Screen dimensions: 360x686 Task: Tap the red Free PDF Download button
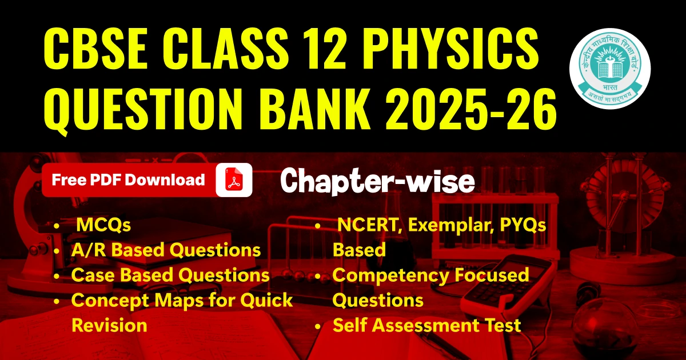point(128,180)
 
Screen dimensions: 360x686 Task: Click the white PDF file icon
point(234,180)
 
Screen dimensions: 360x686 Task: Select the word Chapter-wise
point(378,182)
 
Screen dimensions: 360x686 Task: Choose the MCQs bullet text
point(103,226)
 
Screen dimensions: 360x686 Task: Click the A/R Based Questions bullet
point(166,250)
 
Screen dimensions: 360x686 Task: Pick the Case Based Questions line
point(170,275)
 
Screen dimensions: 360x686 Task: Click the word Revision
point(109,325)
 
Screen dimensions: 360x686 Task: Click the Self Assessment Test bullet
point(426,325)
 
